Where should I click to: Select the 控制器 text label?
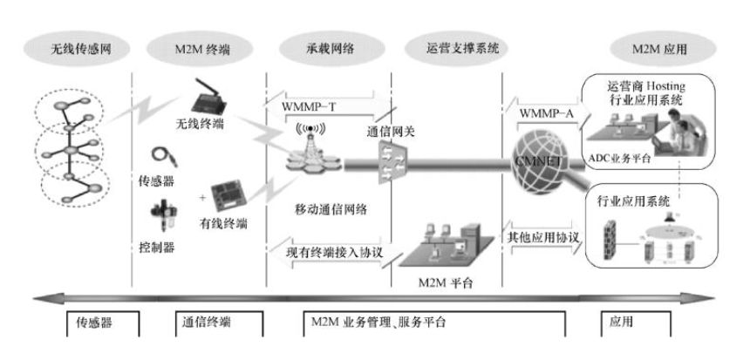click(x=158, y=247)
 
